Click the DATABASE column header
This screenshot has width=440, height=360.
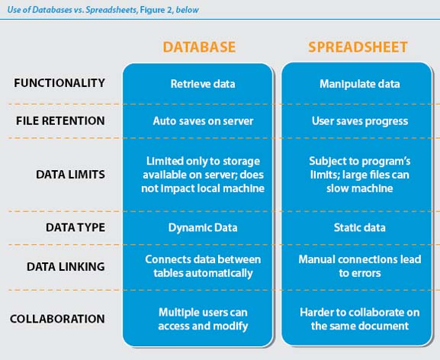click(199, 47)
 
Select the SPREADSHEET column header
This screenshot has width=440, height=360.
click(358, 47)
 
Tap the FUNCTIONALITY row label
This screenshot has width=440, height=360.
click(59, 83)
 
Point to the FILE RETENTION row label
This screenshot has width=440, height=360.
click(60, 121)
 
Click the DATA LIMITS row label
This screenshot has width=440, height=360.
click(70, 175)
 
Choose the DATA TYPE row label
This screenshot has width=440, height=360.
click(75, 227)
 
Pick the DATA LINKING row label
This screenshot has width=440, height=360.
click(66, 266)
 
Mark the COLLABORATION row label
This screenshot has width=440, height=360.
click(57, 319)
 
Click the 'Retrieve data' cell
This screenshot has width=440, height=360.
click(203, 84)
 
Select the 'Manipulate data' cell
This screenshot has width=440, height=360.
click(360, 84)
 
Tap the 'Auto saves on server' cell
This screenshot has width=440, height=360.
click(203, 121)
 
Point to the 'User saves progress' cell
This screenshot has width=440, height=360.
click(360, 121)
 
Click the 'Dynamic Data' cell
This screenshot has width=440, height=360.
click(203, 227)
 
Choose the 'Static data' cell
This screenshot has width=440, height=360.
click(359, 227)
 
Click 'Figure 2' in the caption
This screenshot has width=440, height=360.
click(156, 10)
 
